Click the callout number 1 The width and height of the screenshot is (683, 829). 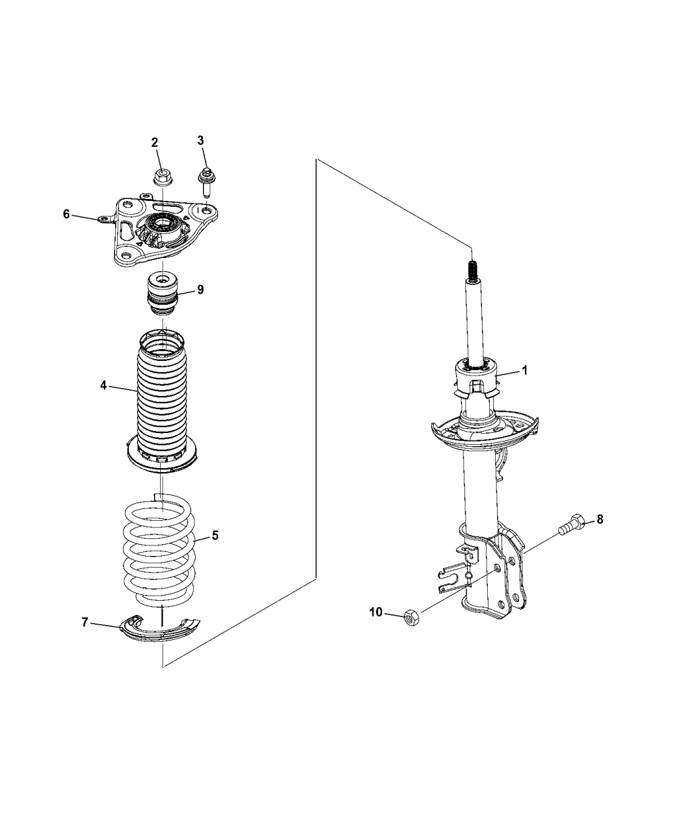(524, 371)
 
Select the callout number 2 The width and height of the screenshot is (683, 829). (155, 142)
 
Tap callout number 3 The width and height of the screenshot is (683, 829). (200, 140)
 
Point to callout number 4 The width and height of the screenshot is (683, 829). (103, 385)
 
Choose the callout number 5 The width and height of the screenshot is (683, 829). (215, 536)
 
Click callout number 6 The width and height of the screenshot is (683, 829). (66, 215)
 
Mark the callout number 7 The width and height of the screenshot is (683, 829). (84, 622)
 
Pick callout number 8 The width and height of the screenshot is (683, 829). (600, 520)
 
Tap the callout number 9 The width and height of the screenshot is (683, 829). (200, 290)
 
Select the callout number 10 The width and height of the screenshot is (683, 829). (376, 612)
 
